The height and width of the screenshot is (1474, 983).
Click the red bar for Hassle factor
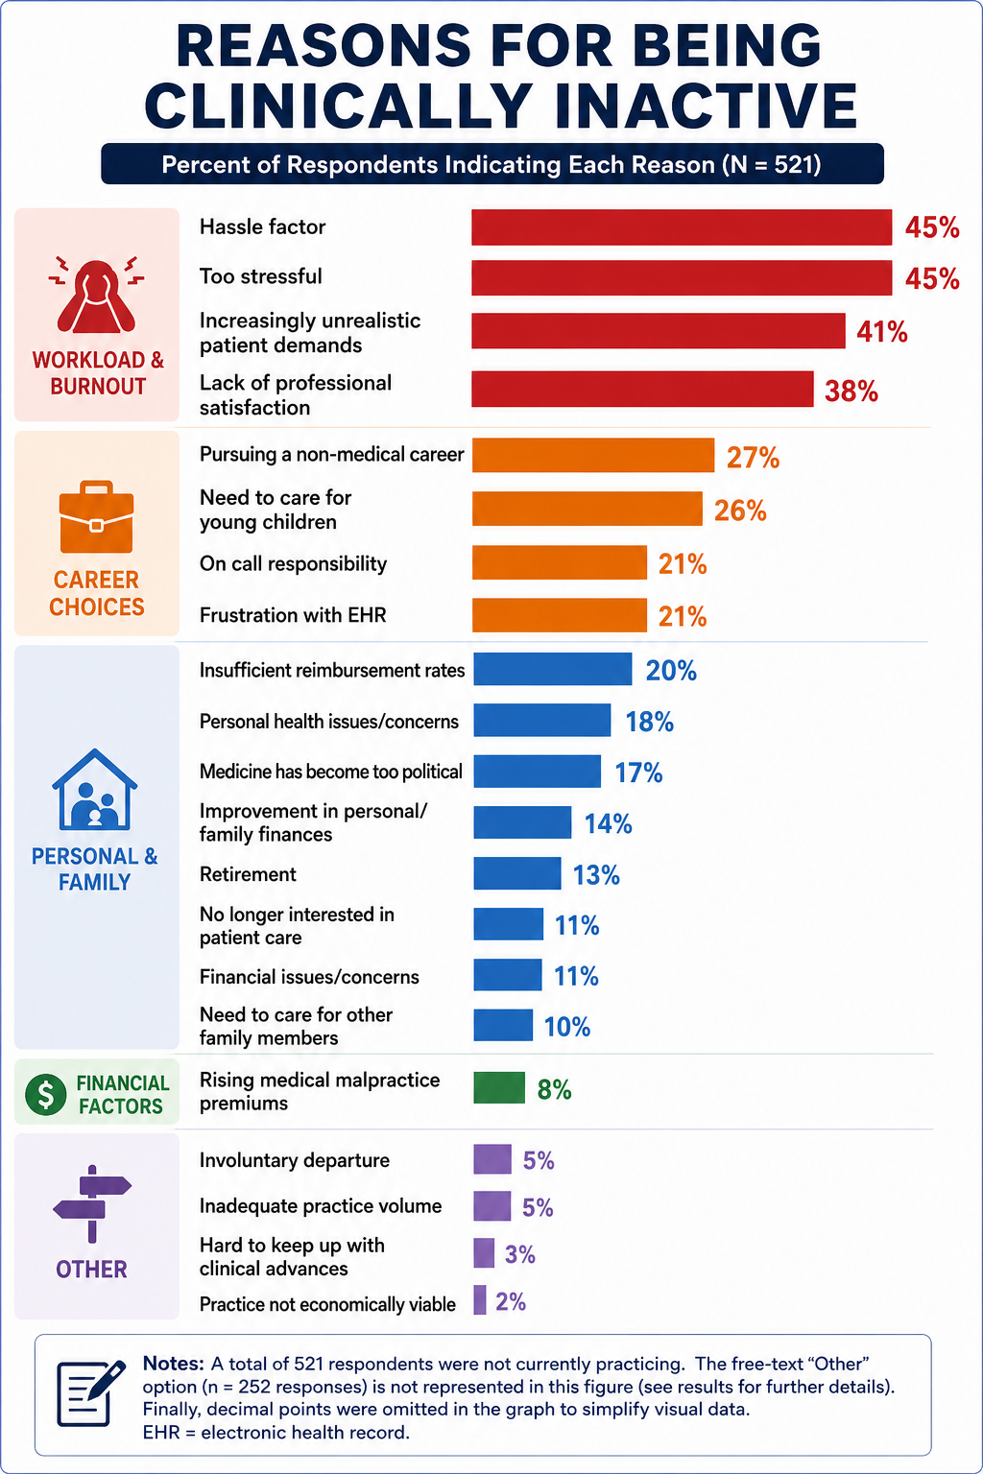point(682,227)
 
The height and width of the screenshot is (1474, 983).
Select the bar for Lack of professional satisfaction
point(642,389)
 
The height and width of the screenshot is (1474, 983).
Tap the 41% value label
point(881,332)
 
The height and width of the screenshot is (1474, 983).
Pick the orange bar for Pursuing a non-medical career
point(593,456)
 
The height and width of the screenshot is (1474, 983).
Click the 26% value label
point(741,510)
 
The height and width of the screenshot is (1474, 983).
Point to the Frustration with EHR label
point(293,614)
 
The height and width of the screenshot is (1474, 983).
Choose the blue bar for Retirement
point(517,873)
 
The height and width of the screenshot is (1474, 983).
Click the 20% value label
point(671,671)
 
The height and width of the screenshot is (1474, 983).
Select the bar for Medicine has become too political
point(538,772)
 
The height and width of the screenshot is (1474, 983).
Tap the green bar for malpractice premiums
point(499,1087)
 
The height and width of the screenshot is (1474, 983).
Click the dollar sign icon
point(45,1093)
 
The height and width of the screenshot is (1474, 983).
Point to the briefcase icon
point(96,517)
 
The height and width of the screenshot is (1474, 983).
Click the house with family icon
point(95,789)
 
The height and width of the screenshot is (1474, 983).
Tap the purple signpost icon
point(92,1203)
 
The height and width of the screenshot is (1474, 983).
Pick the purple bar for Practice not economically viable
point(480,1299)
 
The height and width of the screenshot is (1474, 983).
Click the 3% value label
point(519,1254)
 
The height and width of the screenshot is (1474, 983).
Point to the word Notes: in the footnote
point(174,1363)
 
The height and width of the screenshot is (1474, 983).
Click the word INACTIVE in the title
point(707,106)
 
